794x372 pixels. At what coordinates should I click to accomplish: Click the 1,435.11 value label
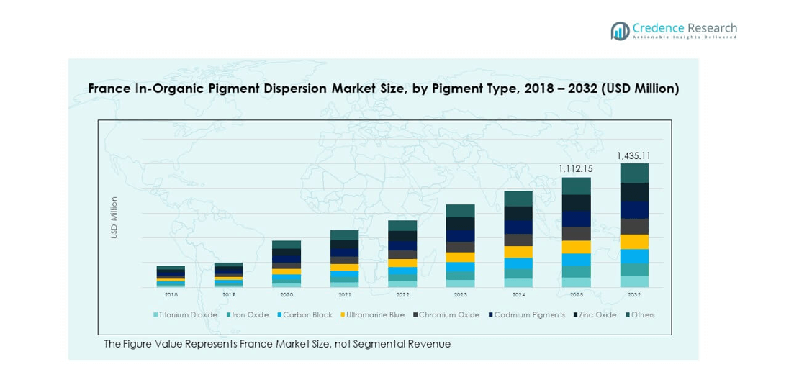click(x=633, y=155)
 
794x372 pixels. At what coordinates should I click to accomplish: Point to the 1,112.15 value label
click(x=576, y=168)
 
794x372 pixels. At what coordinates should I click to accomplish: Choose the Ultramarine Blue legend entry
click(x=374, y=314)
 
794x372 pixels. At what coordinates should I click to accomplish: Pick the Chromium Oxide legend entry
click(x=448, y=314)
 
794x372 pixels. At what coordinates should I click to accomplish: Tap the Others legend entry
click(x=642, y=314)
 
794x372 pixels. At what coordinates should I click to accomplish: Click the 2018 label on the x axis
click(x=171, y=294)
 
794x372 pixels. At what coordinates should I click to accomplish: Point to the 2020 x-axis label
click(x=287, y=294)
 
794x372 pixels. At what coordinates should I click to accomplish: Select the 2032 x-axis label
click(x=634, y=294)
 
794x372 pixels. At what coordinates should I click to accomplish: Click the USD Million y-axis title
click(x=114, y=217)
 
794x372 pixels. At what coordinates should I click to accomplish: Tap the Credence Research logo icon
click(x=620, y=30)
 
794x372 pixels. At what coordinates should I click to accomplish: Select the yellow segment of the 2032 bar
click(x=634, y=242)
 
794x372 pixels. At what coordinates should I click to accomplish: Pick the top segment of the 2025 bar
click(x=576, y=186)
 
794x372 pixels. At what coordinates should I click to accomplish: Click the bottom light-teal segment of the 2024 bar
click(x=518, y=283)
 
